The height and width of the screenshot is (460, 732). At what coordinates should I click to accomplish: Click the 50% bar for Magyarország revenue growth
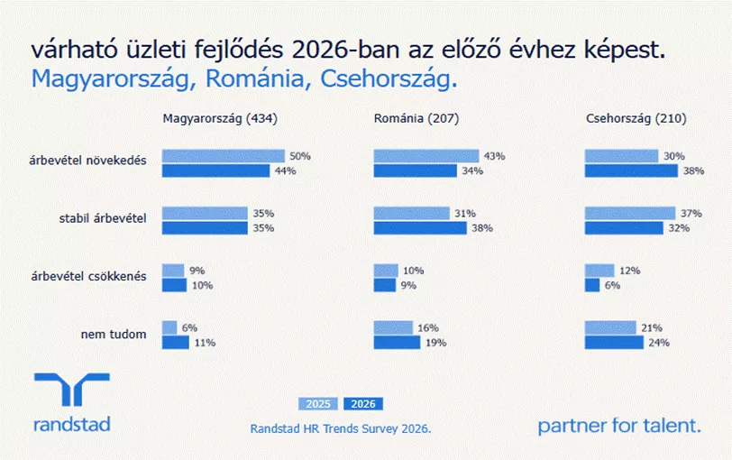(224, 156)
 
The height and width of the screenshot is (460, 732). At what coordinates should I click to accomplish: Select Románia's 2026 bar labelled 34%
(415, 171)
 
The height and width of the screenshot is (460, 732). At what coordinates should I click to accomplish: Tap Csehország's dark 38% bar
(631, 171)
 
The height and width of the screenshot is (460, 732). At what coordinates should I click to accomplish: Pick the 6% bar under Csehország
(592, 285)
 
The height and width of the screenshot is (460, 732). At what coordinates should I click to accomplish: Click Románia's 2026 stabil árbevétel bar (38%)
(420, 228)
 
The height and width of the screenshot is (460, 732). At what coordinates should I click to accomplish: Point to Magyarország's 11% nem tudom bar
(176, 343)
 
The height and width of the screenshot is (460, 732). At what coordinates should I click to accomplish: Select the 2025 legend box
(318, 404)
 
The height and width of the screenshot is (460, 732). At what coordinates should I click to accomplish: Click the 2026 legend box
(363, 404)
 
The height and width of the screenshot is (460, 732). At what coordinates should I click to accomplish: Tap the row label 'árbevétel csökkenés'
(88, 277)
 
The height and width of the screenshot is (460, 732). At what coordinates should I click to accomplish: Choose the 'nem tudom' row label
(114, 335)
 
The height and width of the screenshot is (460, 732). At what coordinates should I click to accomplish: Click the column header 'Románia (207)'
(416, 119)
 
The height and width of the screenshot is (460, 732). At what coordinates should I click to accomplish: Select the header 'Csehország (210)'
(636, 119)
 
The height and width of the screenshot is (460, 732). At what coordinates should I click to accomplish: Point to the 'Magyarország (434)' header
(220, 119)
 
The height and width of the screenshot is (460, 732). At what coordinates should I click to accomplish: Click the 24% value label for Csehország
(659, 343)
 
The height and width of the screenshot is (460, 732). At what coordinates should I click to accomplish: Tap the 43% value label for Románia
(494, 156)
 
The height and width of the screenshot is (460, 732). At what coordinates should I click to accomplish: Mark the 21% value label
(652, 327)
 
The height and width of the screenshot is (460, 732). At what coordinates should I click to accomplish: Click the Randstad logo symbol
(72, 389)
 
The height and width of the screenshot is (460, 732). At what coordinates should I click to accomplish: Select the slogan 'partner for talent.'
(619, 426)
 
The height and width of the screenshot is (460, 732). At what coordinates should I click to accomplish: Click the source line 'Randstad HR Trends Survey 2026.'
(341, 428)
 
